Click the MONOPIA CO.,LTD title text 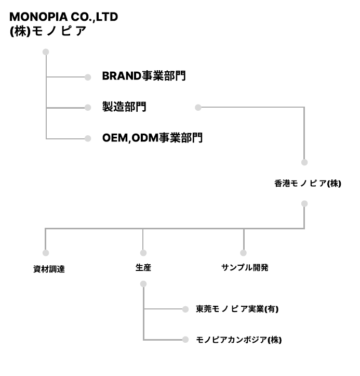tap(63, 17)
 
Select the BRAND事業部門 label tap(144, 76)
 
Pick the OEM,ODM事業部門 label tap(152, 138)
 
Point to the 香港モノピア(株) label tap(308, 183)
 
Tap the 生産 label tap(143, 268)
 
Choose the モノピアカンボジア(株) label tap(238, 340)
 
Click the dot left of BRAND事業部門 tap(88, 77)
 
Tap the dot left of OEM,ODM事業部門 tap(88, 138)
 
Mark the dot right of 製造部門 tap(197, 108)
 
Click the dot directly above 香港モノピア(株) tap(304, 162)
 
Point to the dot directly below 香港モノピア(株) tap(304, 204)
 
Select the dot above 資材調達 tap(46, 253)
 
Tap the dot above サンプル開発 tap(243, 253)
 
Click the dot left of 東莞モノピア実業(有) tap(185, 309)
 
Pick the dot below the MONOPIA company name tap(46, 52)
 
